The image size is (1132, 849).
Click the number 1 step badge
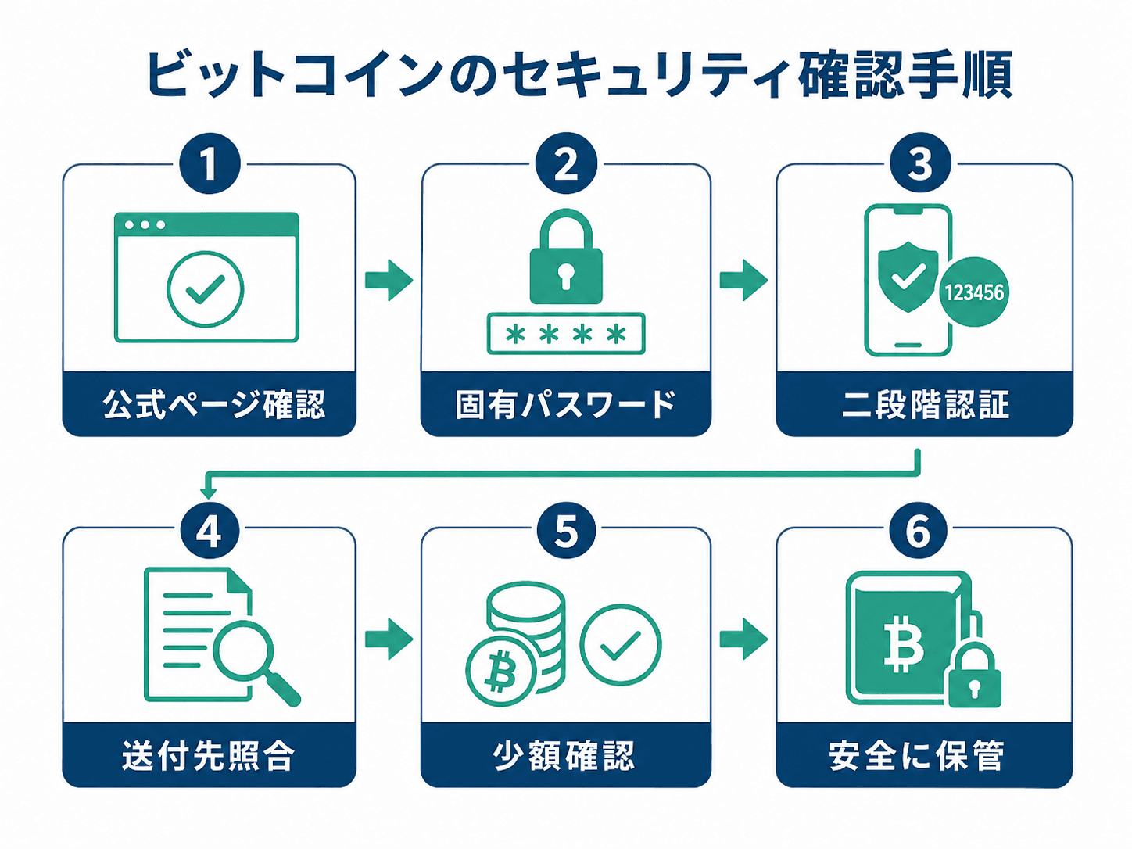[x=210, y=164]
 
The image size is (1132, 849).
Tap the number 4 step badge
[x=210, y=531]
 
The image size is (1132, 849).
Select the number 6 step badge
[x=919, y=531]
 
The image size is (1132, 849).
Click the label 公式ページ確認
[x=214, y=404]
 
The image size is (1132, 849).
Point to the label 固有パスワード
[x=566, y=404]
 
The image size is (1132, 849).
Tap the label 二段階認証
[x=926, y=404]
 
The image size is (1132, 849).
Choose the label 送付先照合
[x=209, y=756]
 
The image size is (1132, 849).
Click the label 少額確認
[x=564, y=756]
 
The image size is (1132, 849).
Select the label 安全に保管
[x=916, y=756]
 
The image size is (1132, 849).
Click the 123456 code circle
[x=973, y=292]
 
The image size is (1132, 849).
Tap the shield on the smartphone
[x=908, y=278]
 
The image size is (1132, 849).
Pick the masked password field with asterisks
[x=566, y=334]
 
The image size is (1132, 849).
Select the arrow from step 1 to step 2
[x=389, y=281]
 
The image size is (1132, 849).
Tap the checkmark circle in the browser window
[x=206, y=289]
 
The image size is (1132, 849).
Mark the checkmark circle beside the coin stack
[x=621, y=645]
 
